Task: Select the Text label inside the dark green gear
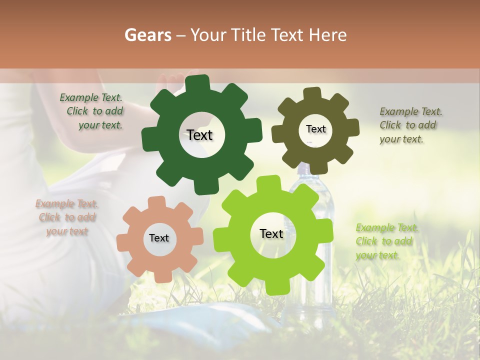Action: click(x=199, y=135)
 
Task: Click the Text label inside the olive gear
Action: click(x=315, y=129)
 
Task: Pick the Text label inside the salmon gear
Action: click(x=159, y=238)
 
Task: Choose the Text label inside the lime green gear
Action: click(x=271, y=233)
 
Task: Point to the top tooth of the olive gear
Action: click(x=312, y=93)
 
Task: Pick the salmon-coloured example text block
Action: click(x=67, y=217)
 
